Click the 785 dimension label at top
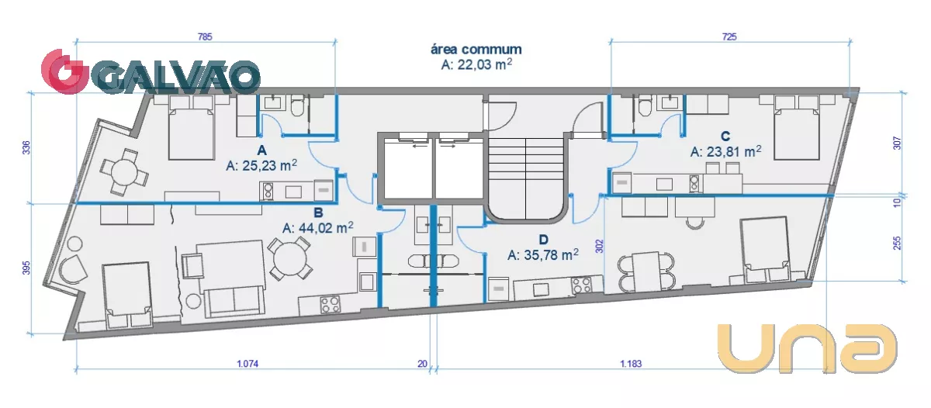205,37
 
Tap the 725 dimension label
729,37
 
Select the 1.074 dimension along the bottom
247,364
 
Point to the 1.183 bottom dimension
631,364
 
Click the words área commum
476,49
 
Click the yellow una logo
808,348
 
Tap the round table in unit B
289,259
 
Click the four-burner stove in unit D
581,285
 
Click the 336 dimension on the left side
26,148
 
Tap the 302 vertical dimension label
599,246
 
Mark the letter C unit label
725,137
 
